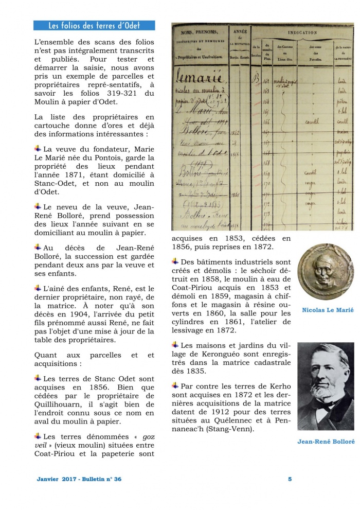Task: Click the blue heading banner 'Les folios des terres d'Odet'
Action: (94, 25)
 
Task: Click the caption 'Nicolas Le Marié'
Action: (328, 310)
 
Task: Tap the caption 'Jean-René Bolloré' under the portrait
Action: (325, 442)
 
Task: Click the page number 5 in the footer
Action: (290, 479)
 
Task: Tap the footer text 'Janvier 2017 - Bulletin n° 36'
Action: (79, 479)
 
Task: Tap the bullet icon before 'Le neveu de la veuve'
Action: (38, 206)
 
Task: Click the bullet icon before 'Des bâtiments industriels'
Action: (175, 261)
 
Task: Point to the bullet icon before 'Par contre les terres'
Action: (175, 385)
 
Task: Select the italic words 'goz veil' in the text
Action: (147, 441)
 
